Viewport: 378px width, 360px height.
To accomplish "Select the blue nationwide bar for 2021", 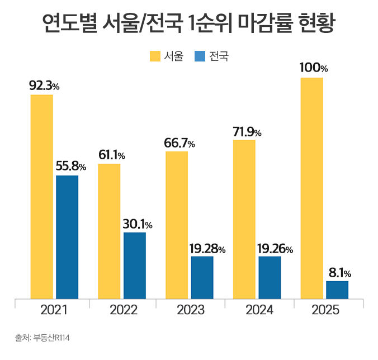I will [x=67, y=237].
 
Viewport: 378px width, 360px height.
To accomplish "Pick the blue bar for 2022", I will [x=135, y=266].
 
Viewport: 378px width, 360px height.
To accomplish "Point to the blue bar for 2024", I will [x=270, y=277].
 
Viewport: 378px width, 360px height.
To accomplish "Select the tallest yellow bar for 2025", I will [x=311, y=188].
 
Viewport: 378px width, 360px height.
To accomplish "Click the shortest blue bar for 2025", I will [x=337, y=290].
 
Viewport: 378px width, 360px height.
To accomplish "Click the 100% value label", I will [x=313, y=68].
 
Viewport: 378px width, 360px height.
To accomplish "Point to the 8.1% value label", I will [x=339, y=273].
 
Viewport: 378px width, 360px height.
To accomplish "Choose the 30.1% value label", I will [x=137, y=224].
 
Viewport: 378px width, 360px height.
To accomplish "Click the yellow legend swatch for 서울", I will [x=154, y=56].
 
